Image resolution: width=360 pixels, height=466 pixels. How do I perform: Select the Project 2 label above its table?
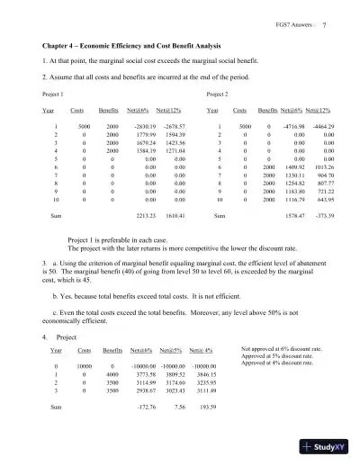click(217, 94)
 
